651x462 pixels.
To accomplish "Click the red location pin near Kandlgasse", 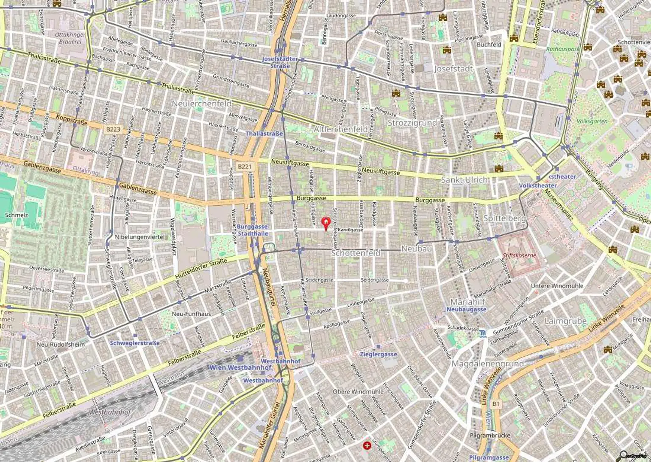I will (325, 223).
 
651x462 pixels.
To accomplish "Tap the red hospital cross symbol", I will (367, 445).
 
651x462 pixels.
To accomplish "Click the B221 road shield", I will (244, 167).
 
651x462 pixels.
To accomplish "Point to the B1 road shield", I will (496, 404).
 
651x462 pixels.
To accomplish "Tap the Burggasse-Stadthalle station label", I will (253, 230).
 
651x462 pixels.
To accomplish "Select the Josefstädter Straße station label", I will (280, 62).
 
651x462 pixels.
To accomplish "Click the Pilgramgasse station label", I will (489, 457).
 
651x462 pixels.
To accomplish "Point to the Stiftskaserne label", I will (519, 255).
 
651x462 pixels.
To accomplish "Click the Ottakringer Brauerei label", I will (70, 38).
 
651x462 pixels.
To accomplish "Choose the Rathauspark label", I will (562, 49).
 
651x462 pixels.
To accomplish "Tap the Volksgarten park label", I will (592, 121).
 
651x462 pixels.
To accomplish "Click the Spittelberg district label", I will (504, 218).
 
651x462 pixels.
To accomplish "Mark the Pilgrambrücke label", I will (490, 436).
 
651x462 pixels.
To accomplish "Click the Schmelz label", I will (16, 215).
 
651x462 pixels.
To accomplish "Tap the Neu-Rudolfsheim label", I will (60, 344).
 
